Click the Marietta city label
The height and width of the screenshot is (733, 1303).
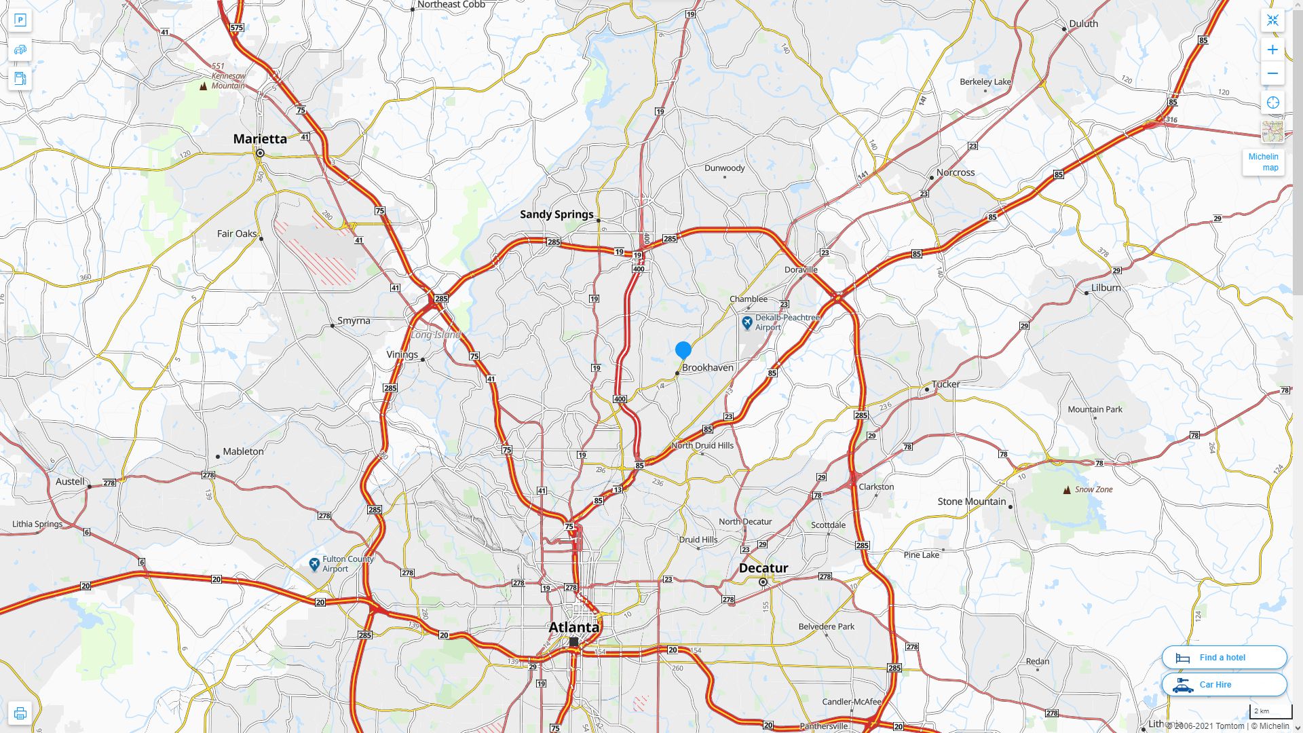[260, 139]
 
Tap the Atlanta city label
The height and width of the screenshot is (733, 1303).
[573, 627]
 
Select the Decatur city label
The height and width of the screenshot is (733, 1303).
[763, 568]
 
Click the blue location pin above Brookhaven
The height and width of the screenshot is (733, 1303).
[683, 350]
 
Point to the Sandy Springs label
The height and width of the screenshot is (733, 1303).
[556, 214]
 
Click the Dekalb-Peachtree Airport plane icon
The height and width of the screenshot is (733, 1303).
[747, 322]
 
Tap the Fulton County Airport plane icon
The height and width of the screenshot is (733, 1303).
[314, 564]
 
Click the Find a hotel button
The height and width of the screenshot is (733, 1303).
[1224, 658]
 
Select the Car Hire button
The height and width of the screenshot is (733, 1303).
[1224, 685]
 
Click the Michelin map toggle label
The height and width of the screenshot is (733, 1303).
[1263, 162]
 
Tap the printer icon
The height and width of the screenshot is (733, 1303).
[20, 713]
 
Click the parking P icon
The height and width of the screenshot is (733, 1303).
[20, 20]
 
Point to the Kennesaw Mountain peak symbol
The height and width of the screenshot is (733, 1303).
[204, 86]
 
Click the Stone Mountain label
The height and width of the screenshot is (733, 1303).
[971, 502]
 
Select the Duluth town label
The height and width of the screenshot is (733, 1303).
[1083, 24]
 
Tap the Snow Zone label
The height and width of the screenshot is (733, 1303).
[1093, 489]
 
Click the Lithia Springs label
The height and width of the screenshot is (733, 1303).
[37, 524]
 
